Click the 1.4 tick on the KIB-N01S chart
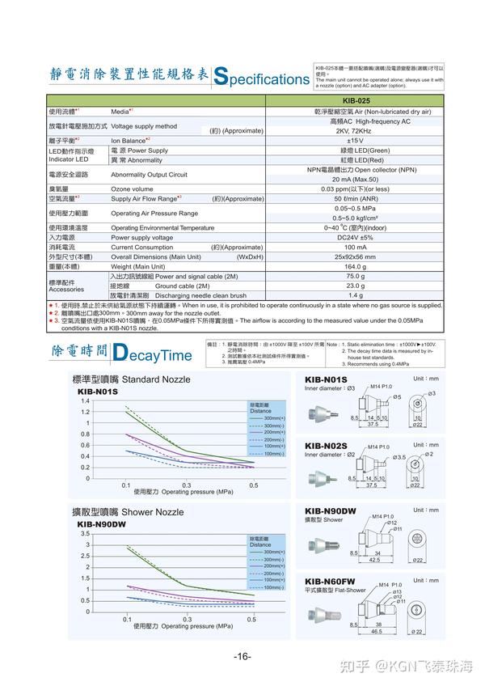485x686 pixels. click(x=84, y=400)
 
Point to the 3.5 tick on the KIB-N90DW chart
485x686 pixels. click(x=84, y=534)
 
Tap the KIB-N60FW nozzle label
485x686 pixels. click(x=331, y=581)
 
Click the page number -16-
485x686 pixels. click(x=242, y=656)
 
